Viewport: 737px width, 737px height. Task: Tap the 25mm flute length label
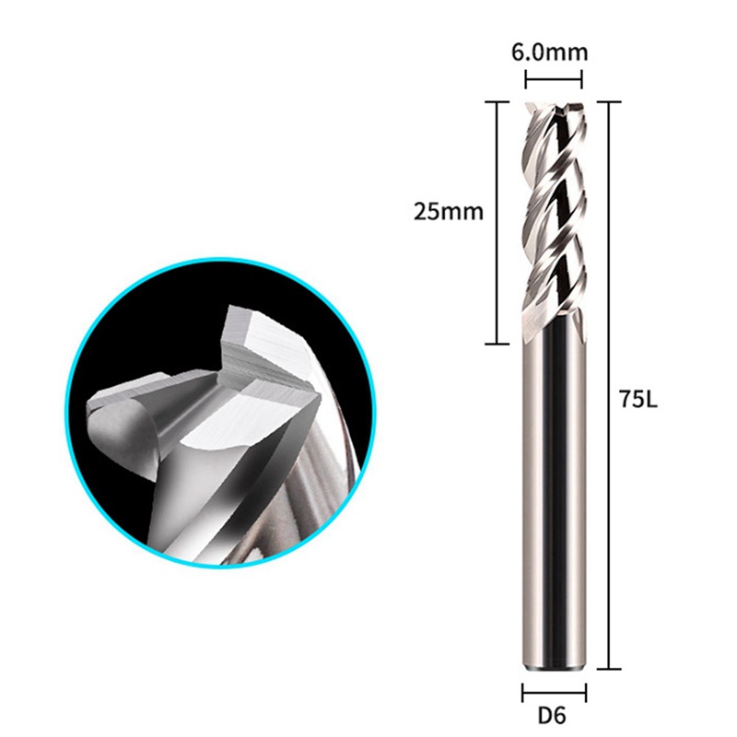pos(449,211)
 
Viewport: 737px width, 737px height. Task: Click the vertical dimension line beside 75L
pos(608,387)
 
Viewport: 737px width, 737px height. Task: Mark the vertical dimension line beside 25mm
pos(497,221)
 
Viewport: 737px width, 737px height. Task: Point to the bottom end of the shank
pos(554,665)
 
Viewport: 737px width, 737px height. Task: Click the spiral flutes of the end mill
pos(554,212)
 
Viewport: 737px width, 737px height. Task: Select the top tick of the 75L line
pos(608,100)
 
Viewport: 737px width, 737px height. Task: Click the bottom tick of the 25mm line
pos(497,344)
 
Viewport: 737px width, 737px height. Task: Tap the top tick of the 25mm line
pos(497,100)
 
